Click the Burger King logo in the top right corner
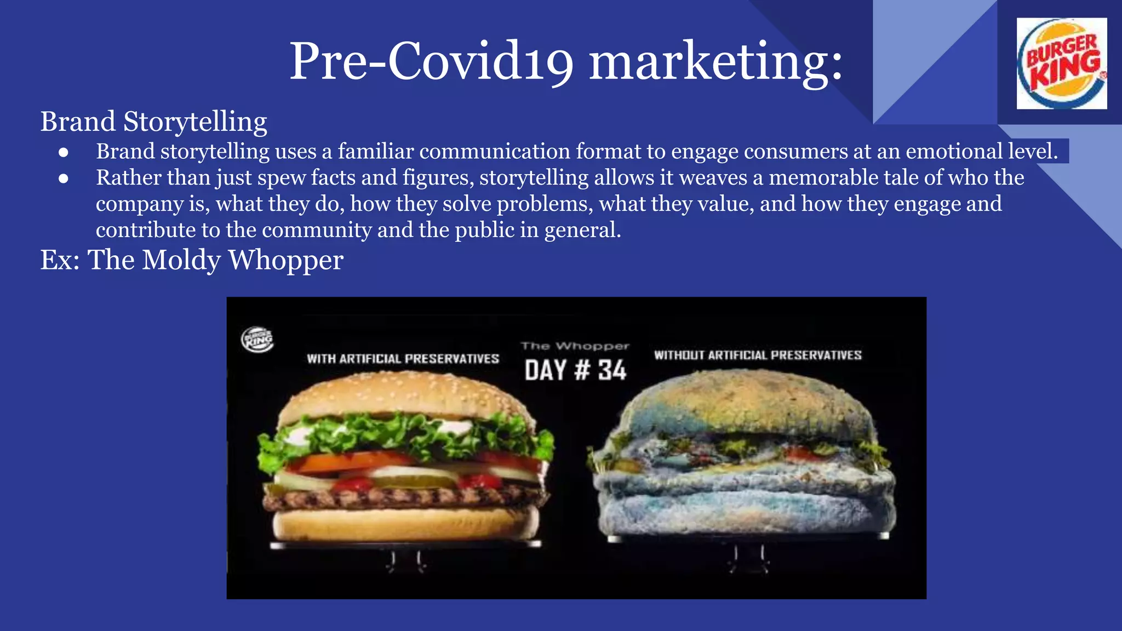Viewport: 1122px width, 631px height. tap(1061, 64)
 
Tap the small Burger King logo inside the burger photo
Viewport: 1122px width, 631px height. tap(257, 340)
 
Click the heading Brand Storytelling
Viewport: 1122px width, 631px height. tap(153, 121)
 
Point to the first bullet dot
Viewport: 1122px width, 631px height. tap(64, 152)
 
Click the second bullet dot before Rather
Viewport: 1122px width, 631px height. tap(64, 179)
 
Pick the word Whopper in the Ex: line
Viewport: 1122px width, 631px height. tap(285, 260)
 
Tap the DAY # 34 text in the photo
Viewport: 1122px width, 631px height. tap(575, 370)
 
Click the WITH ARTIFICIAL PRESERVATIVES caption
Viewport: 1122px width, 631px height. tap(403, 359)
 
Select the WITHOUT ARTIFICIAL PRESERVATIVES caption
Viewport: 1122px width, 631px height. tap(758, 355)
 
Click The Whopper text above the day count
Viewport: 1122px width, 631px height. tap(575, 346)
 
